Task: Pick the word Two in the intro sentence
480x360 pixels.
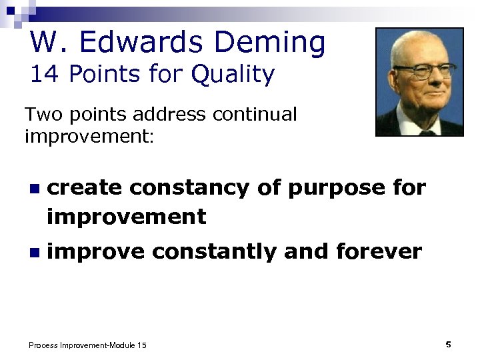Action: click(43, 115)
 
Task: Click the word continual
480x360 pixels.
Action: click(255, 115)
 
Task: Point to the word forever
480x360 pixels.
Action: click(379, 251)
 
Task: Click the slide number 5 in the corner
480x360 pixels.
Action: click(448, 344)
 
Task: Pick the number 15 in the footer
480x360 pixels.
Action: click(141, 345)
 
